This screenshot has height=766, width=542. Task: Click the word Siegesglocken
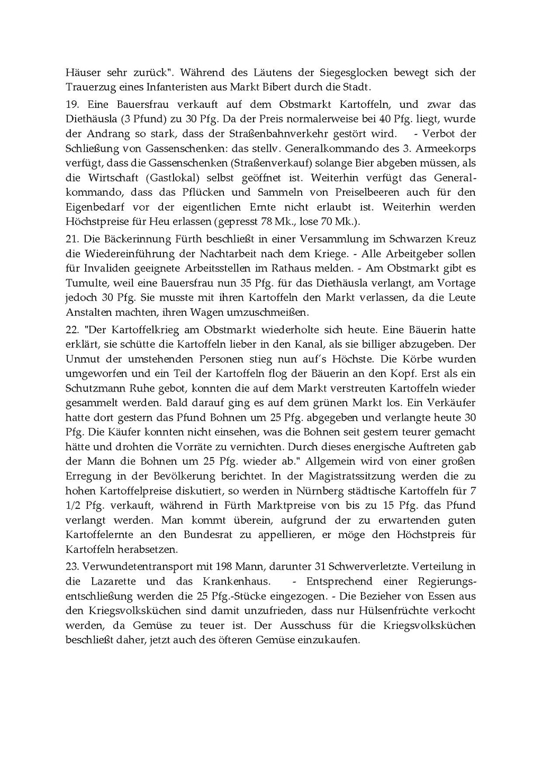359,72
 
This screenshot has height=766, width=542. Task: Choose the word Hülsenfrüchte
405,610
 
